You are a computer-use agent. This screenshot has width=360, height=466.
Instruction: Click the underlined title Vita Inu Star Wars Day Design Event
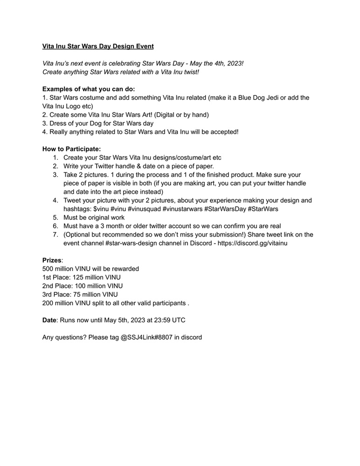[98, 46]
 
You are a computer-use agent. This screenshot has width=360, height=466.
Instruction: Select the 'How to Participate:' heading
[71, 149]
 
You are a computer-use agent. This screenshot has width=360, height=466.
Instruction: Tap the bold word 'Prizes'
[52, 260]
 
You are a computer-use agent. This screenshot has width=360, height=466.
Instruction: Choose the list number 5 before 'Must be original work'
[55, 218]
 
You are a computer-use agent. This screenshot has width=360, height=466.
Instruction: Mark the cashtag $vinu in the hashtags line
[101, 209]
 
